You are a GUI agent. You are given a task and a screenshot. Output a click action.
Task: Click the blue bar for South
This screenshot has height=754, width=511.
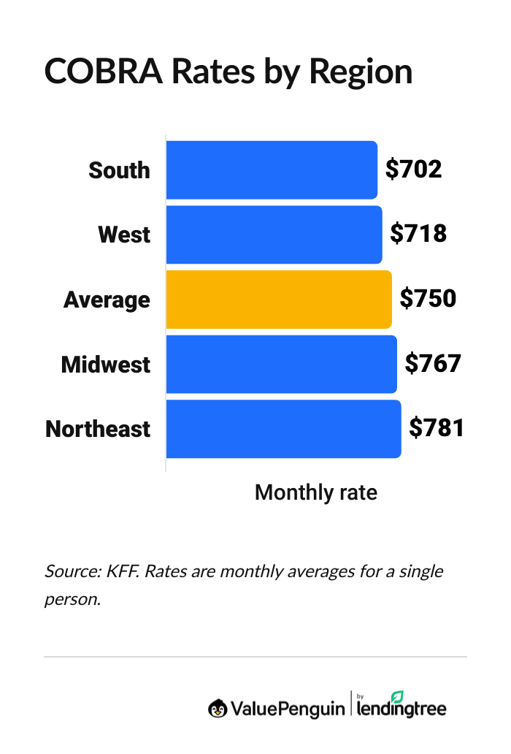click(x=272, y=170)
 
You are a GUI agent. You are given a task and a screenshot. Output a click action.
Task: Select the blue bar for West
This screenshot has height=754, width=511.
click(x=274, y=235)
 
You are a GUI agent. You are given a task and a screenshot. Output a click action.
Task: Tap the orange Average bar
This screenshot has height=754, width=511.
click(x=279, y=300)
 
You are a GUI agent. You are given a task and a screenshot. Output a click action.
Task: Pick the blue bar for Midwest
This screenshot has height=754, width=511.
click(x=281, y=364)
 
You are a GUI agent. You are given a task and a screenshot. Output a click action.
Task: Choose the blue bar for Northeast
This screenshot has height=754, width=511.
click(x=283, y=429)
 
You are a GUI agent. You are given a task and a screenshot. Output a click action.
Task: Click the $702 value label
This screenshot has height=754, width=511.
click(x=414, y=170)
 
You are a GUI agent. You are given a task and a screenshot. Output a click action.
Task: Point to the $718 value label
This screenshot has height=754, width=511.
click(x=418, y=234)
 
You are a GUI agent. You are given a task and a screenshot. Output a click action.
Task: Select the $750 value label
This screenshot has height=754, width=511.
click(x=428, y=299)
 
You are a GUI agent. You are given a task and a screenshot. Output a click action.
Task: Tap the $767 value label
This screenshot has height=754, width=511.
click(x=433, y=363)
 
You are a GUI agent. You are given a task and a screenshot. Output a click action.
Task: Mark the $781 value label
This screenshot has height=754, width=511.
click(x=437, y=428)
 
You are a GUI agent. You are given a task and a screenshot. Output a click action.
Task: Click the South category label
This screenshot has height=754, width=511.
click(x=119, y=170)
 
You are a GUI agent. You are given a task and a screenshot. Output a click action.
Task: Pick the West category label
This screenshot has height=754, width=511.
click(x=124, y=235)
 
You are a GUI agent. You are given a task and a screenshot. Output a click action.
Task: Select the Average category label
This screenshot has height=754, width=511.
click(x=107, y=300)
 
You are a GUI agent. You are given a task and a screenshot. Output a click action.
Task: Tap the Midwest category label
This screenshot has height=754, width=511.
click(x=106, y=364)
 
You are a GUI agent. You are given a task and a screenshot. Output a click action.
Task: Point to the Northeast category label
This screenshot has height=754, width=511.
click(x=98, y=429)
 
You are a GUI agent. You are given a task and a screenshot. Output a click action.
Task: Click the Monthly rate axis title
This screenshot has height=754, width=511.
click(x=316, y=492)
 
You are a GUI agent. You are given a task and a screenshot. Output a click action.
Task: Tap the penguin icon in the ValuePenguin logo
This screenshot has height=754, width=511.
click(x=218, y=708)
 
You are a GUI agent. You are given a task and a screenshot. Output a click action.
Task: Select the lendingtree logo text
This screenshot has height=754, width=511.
click(x=401, y=707)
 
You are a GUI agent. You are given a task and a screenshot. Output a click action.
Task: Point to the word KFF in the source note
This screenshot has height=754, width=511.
click(x=119, y=571)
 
